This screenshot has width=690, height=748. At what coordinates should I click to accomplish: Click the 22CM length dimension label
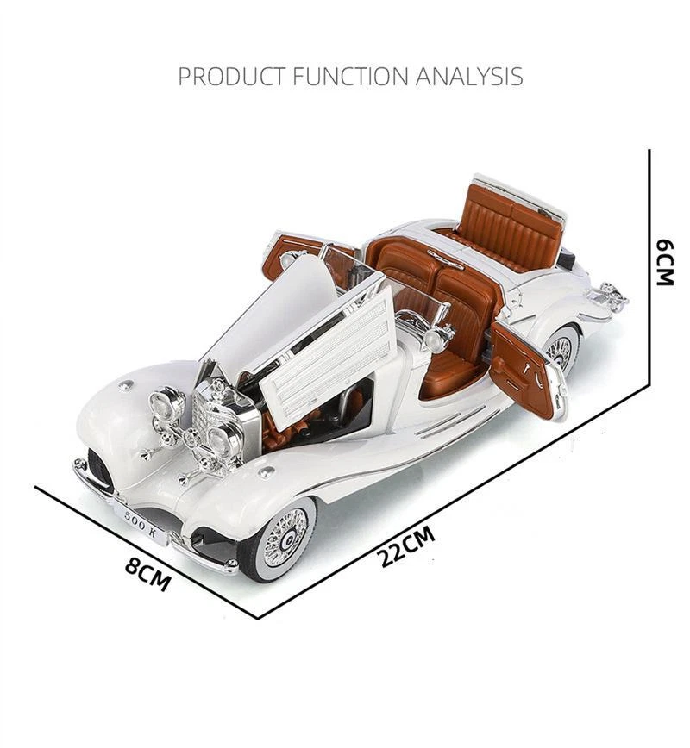406,546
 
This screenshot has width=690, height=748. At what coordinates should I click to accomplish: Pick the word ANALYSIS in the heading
469,77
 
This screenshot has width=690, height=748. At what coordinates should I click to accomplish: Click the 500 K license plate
141,524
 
